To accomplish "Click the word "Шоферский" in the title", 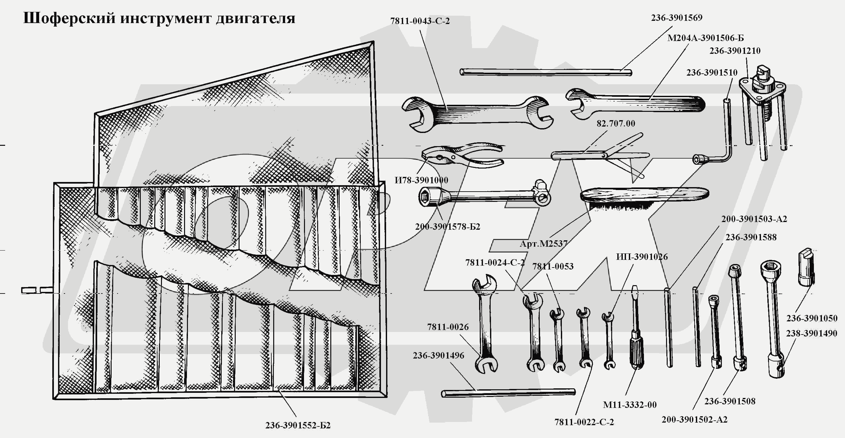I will [69, 18].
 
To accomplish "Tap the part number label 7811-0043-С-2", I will [419, 21].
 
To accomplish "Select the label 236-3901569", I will [676, 18].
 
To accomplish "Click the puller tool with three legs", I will [763, 105].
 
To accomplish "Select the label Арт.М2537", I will [544, 244].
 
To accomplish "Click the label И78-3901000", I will [421, 180].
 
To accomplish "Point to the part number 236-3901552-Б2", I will [298, 425].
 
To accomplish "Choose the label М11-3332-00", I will [630, 405].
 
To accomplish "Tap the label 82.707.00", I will [615, 124].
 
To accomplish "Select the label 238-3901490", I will [811, 334].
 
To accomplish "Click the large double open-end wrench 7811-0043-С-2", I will [477, 113].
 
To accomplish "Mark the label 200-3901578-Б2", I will [447, 227].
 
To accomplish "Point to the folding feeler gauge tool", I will [600, 155].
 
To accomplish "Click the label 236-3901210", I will [734, 51].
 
